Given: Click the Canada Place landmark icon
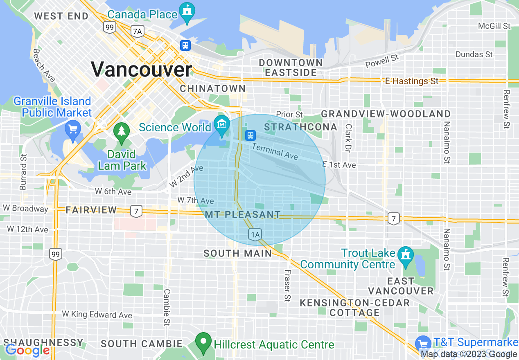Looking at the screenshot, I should (187, 12).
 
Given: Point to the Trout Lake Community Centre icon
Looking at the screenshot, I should (406, 256).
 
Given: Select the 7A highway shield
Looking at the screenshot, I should (138, 31).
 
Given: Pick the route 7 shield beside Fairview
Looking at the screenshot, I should (136, 211).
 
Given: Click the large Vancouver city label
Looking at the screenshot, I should (141, 70).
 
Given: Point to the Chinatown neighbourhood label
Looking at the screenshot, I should (213, 88).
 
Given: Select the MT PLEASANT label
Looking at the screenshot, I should (243, 214).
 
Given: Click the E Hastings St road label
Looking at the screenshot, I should (412, 81).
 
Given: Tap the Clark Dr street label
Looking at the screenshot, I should (349, 139).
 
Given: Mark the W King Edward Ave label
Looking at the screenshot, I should (97, 315).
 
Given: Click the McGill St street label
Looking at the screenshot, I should (494, 26).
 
